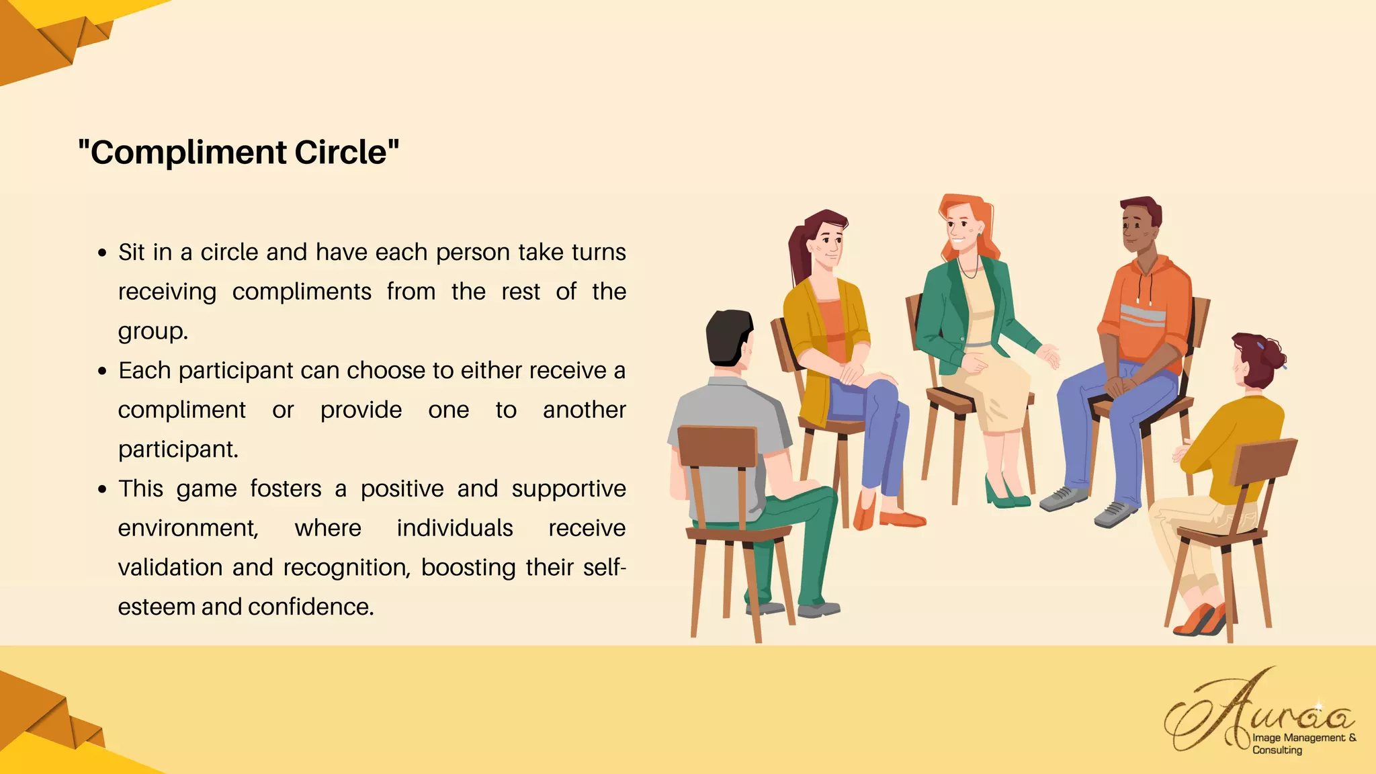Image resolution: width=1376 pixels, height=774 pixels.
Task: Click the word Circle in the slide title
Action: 341,153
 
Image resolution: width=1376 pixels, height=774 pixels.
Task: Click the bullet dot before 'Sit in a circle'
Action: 102,253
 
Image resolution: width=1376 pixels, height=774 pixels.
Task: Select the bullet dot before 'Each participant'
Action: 102,372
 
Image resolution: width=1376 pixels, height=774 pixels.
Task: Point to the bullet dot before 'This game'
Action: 102,490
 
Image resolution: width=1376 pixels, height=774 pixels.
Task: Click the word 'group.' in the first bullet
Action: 153,332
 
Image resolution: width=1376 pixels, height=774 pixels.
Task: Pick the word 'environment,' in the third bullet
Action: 188,529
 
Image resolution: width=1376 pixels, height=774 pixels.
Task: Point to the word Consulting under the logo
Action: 1277,750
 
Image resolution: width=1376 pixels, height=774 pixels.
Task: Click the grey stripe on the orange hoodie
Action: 1142,315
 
